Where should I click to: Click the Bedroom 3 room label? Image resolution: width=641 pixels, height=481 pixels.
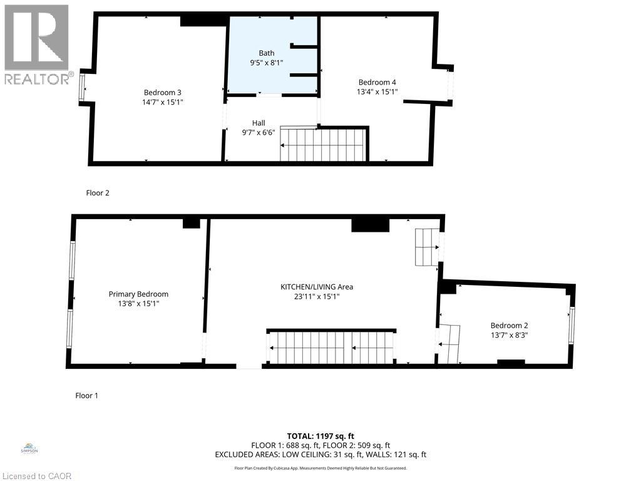pos(162,93)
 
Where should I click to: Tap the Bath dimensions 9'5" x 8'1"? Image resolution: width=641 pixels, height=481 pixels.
pos(267,63)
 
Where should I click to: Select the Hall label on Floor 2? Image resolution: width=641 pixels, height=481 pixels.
pos(259,123)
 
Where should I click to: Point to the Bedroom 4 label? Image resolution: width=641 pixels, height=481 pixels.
pos(377,82)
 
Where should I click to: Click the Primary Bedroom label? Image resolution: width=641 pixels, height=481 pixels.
pos(138,294)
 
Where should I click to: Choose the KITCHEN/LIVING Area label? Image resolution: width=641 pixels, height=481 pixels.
pos(317,287)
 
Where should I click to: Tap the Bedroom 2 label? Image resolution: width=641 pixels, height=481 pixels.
pos(509,325)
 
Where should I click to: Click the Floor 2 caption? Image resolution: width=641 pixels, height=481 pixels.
pos(98,193)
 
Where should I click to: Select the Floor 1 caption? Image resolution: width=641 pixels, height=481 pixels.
pos(87,395)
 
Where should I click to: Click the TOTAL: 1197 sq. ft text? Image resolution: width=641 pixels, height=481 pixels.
pos(320,435)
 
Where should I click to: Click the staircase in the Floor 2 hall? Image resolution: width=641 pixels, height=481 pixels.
pos(323,145)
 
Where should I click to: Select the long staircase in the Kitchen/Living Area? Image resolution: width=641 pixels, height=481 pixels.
pos(332,348)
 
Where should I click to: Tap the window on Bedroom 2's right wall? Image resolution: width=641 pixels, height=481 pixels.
pos(571,325)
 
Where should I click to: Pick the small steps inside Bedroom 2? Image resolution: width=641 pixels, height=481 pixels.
pos(449,344)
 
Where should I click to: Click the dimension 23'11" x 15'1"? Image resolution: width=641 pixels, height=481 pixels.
pos(317,297)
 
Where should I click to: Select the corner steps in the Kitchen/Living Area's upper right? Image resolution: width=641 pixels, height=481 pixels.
pos(428,247)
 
